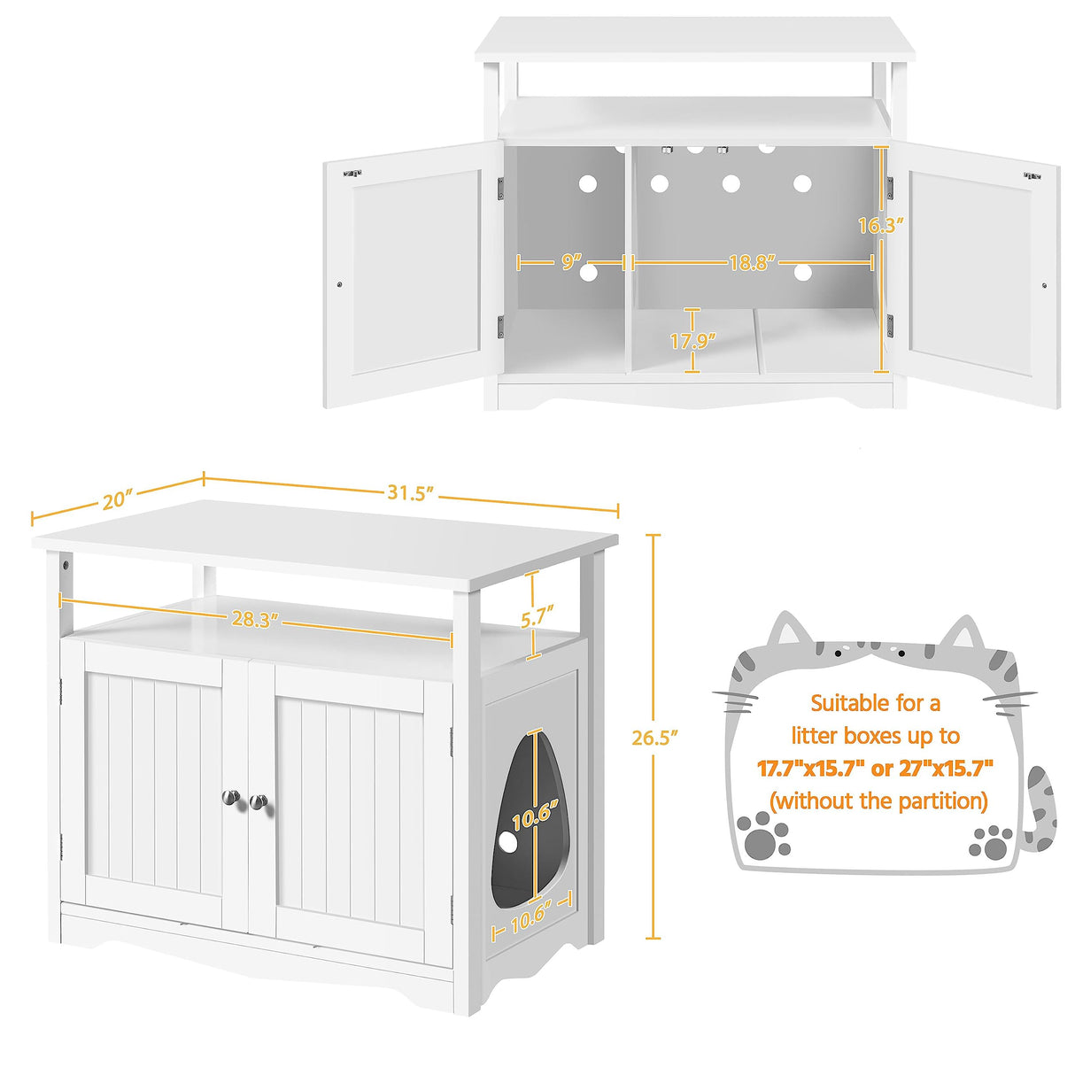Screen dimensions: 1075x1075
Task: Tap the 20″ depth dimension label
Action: click(x=117, y=500)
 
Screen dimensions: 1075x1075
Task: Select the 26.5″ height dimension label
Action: click(x=654, y=737)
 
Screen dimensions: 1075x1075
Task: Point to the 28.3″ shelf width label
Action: click(x=251, y=619)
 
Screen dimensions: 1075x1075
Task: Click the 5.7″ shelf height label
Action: click(x=537, y=615)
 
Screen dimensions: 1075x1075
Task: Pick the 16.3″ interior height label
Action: click(x=880, y=225)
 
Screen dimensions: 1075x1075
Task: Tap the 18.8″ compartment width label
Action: click(x=752, y=262)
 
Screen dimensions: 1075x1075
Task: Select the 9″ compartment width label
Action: click(x=571, y=262)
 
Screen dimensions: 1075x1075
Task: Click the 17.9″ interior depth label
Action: click(x=692, y=340)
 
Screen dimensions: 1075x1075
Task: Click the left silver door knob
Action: click(x=231, y=798)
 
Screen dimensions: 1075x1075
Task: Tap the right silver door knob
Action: click(x=258, y=802)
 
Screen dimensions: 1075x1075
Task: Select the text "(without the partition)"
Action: click(x=878, y=801)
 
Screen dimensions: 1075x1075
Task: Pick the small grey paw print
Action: click(x=992, y=842)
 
